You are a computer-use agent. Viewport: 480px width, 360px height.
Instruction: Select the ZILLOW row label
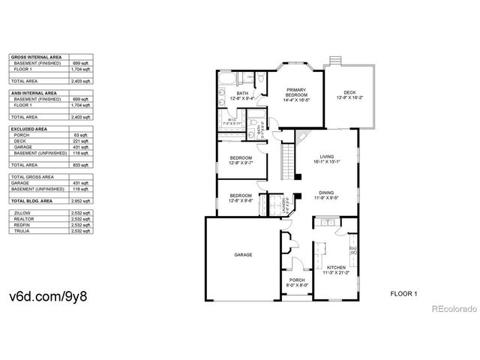point(22,214)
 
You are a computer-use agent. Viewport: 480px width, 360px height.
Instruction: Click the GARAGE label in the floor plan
point(242,255)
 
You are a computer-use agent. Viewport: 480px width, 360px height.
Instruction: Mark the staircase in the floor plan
point(286,159)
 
